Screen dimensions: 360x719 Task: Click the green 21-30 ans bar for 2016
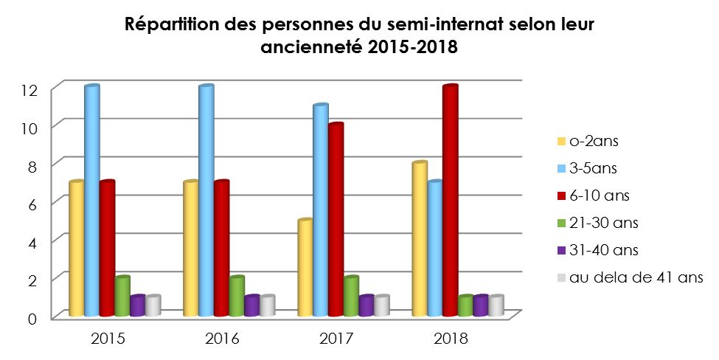click(x=237, y=297)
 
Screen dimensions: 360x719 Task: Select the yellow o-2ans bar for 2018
click(x=419, y=239)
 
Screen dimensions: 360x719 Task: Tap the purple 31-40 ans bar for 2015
click(x=138, y=306)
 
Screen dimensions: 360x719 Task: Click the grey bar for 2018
click(x=496, y=306)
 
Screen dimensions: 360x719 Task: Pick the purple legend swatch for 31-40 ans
click(x=563, y=251)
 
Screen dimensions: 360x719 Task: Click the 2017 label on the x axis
click(x=336, y=340)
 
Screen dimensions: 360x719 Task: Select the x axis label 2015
click(x=108, y=340)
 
